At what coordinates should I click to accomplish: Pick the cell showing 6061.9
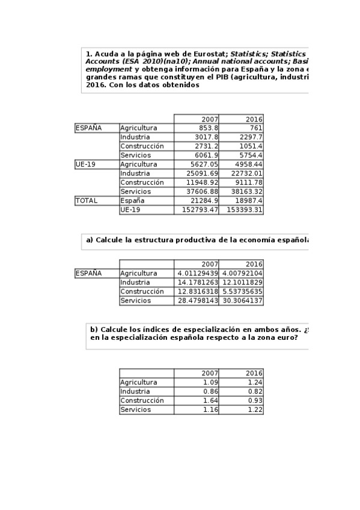pyautogui.click(x=207, y=155)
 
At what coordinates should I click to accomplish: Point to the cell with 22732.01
pyautogui.click(x=248, y=173)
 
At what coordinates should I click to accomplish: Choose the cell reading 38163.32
pyautogui.click(x=248, y=191)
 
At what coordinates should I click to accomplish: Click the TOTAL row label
pyautogui.click(x=87, y=200)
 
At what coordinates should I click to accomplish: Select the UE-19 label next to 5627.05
pyautogui.click(x=86, y=164)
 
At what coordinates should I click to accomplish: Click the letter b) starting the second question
pyautogui.click(x=94, y=330)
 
